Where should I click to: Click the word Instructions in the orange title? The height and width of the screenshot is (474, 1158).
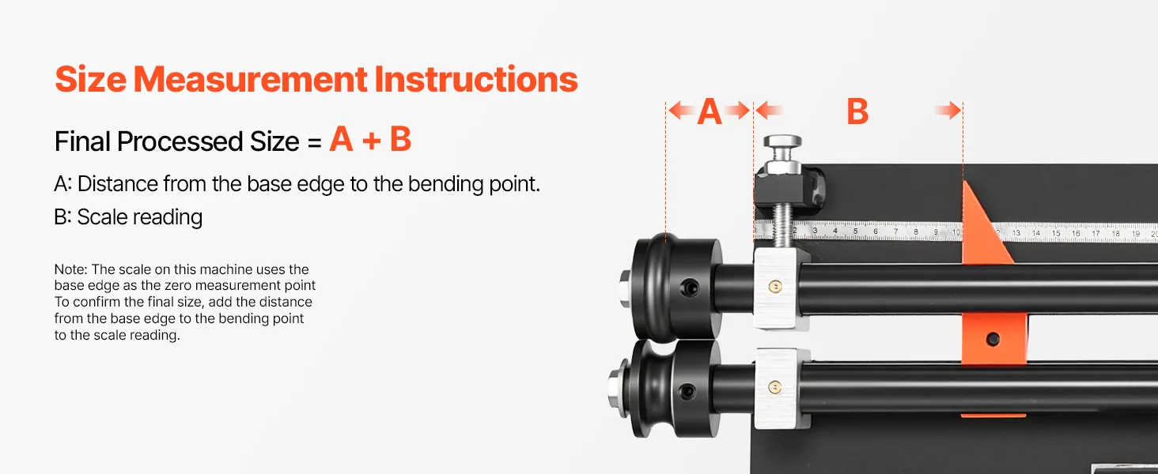[475, 80]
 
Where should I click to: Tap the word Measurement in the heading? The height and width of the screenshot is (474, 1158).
[250, 80]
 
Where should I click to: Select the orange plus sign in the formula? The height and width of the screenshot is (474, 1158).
[371, 141]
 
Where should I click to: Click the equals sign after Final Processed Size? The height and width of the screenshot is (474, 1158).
[314, 142]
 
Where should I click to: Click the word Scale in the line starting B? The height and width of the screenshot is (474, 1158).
[102, 217]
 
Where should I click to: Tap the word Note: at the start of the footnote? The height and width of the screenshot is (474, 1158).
[71, 269]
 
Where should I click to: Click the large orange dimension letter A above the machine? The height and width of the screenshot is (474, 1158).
[710, 111]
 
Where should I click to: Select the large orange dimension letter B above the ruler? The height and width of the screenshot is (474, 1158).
[857, 111]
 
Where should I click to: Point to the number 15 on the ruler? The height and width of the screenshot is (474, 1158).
[1056, 233]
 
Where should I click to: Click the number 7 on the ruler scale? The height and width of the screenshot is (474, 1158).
[895, 231]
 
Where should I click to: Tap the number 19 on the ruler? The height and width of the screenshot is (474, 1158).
[1136, 234]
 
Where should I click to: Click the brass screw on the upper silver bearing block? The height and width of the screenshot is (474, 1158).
[774, 287]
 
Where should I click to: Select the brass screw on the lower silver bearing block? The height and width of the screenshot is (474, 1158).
[774, 386]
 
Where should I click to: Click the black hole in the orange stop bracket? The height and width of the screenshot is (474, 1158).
[993, 339]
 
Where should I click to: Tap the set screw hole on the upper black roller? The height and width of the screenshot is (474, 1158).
[690, 288]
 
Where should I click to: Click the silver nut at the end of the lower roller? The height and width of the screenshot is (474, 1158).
[615, 389]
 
